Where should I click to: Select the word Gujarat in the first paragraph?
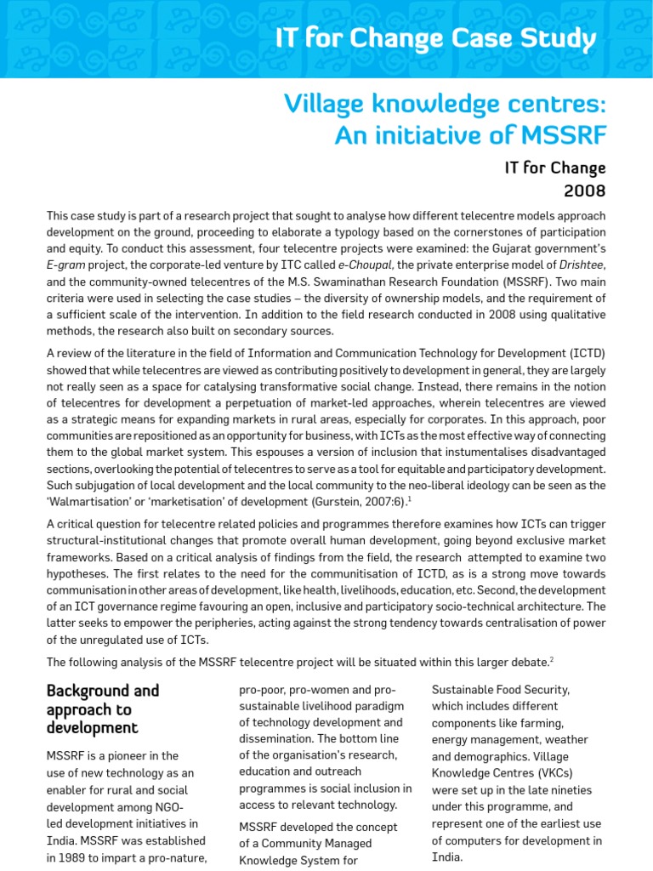(x=514, y=248)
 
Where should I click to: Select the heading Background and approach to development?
(x=102, y=709)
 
